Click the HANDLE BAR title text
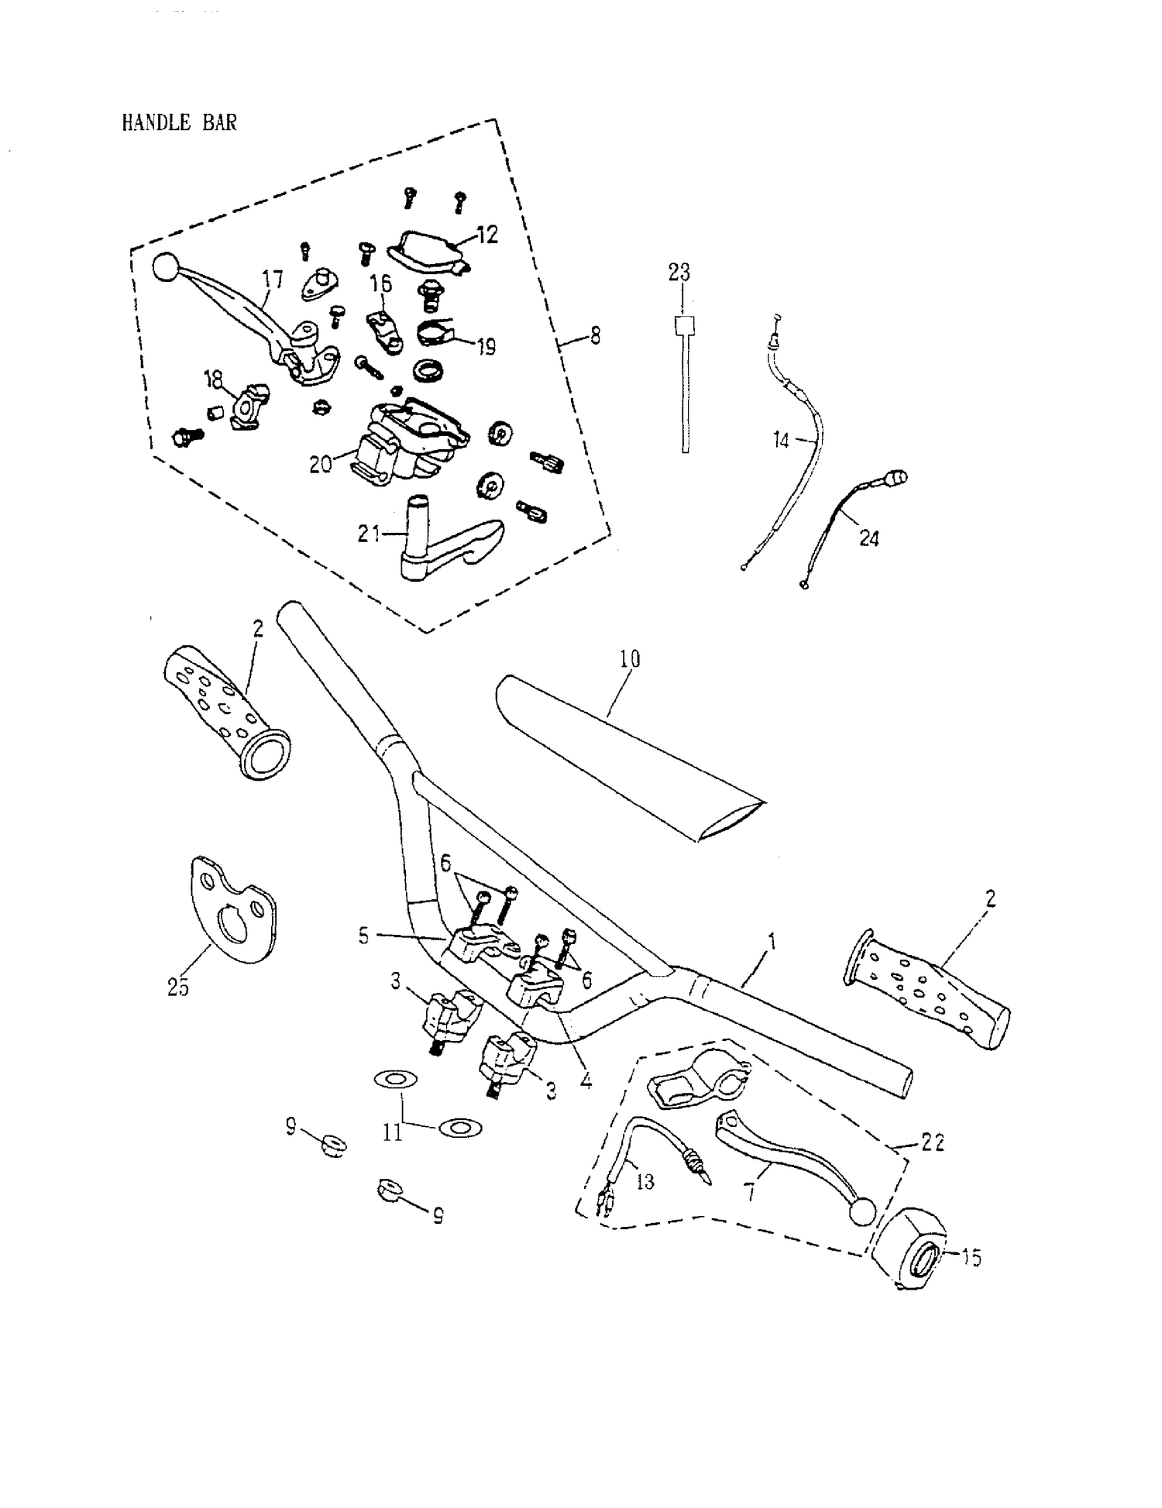[x=179, y=122]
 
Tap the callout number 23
[x=679, y=273]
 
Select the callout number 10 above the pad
[x=630, y=659]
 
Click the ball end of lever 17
[x=166, y=267]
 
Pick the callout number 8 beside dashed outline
[x=594, y=338]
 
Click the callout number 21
[x=369, y=534]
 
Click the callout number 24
[x=868, y=538]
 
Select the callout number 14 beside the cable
[x=781, y=441]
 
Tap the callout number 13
[x=645, y=1181]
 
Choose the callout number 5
[x=364, y=936]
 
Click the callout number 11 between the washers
[x=393, y=1133]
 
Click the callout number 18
[x=213, y=379]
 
